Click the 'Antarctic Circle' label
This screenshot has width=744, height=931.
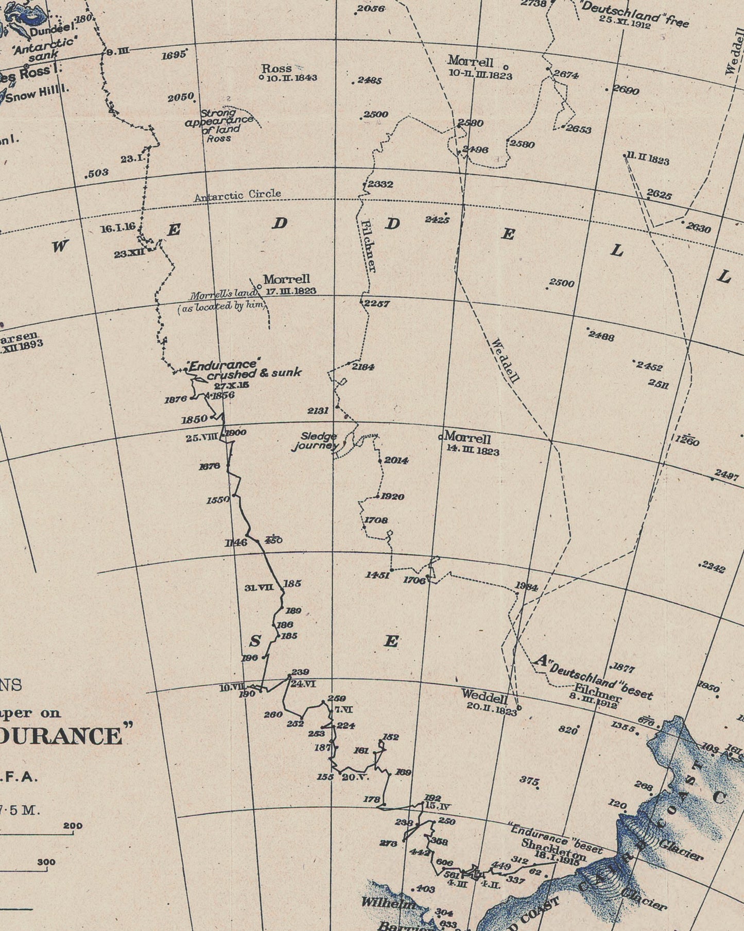pyautogui.click(x=237, y=195)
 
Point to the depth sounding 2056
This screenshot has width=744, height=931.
pyautogui.click(x=371, y=9)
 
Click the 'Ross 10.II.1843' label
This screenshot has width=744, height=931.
pyautogui.click(x=288, y=73)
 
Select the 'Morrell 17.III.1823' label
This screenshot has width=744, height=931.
pyautogui.click(x=288, y=284)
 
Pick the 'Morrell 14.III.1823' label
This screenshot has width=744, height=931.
pyautogui.click(x=471, y=444)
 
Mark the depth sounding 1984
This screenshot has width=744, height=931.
pyautogui.click(x=526, y=587)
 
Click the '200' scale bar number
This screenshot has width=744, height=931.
pyautogui.click(x=73, y=826)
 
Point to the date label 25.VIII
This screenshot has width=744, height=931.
pyautogui.click(x=202, y=438)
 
